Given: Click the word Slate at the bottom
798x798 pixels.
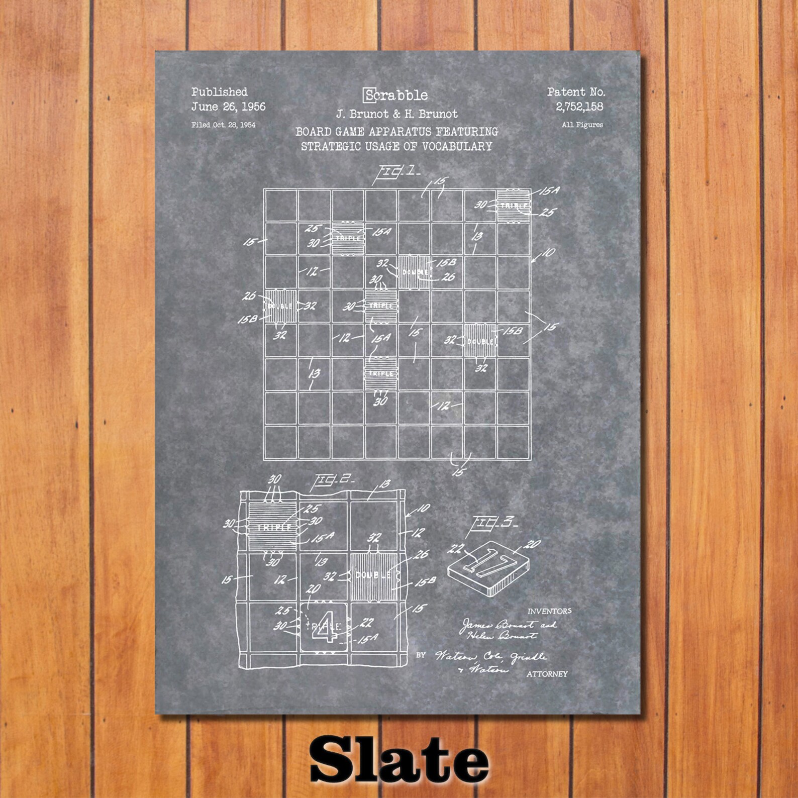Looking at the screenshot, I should (x=399, y=757).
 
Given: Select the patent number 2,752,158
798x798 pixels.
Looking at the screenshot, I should (x=579, y=107).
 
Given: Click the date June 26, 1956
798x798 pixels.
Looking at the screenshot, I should (x=228, y=107).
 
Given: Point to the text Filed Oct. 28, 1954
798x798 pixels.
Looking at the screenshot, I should (x=223, y=125).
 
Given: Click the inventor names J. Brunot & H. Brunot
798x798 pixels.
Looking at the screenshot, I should (x=396, y=114).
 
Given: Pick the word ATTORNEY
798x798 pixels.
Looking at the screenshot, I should (x=547, y=674).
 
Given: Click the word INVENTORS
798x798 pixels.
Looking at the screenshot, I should (x=549, y=611).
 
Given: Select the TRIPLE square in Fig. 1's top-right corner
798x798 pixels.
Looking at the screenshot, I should (x=514, y=206).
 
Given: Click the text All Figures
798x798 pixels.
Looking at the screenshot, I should (x=582, y=125).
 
